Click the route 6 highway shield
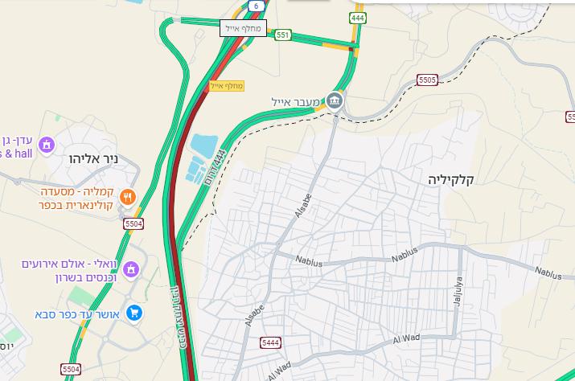[x=255, y=6]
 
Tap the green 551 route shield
[x=282, y=35]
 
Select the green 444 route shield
[x=357, y=18]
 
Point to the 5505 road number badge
[x=427, y=80]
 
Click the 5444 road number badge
[x=270, y=343]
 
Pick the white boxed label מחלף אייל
[x=244, y=28]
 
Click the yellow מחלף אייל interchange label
[x=227, y=85]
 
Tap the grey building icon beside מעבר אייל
[x=336, y=101]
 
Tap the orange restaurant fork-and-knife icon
[x=127, y=197]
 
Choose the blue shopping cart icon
[x=134, y=313]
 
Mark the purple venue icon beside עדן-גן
[x=46, y=144]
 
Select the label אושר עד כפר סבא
[x=78, y=313]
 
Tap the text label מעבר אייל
[x=298, y=102]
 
